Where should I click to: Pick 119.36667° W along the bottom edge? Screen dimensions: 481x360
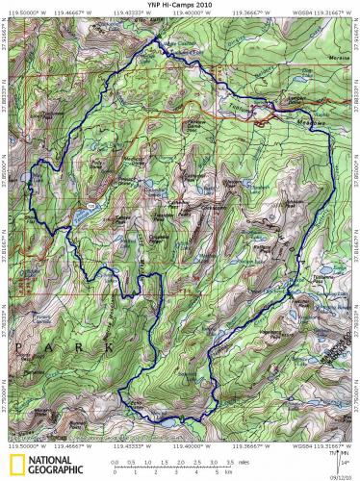(x=248, y=445)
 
